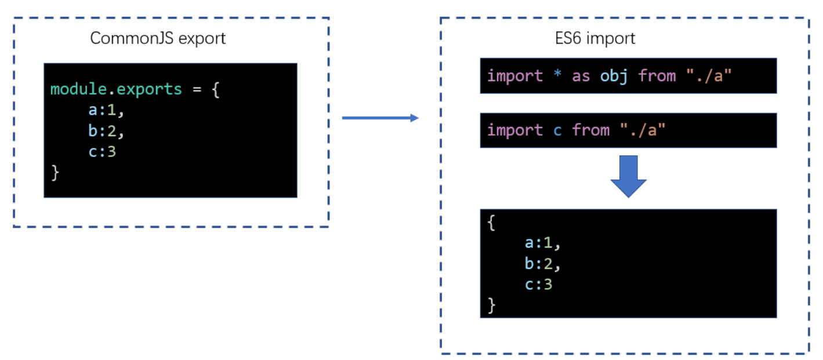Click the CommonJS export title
(x=158, y=39)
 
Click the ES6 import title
(x=595, y=39)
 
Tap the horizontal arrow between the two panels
(x=380, y=118)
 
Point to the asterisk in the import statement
(x=557, y=76)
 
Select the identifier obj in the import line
(x=614, y=76)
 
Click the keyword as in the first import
(x=581, y=76)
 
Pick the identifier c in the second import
(x=557, y=130)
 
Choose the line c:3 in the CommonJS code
(x=103, y=152)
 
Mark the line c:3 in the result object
(x=539, y=285)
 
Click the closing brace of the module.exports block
(x=55, y=173)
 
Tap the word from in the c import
(x=590, y=130)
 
